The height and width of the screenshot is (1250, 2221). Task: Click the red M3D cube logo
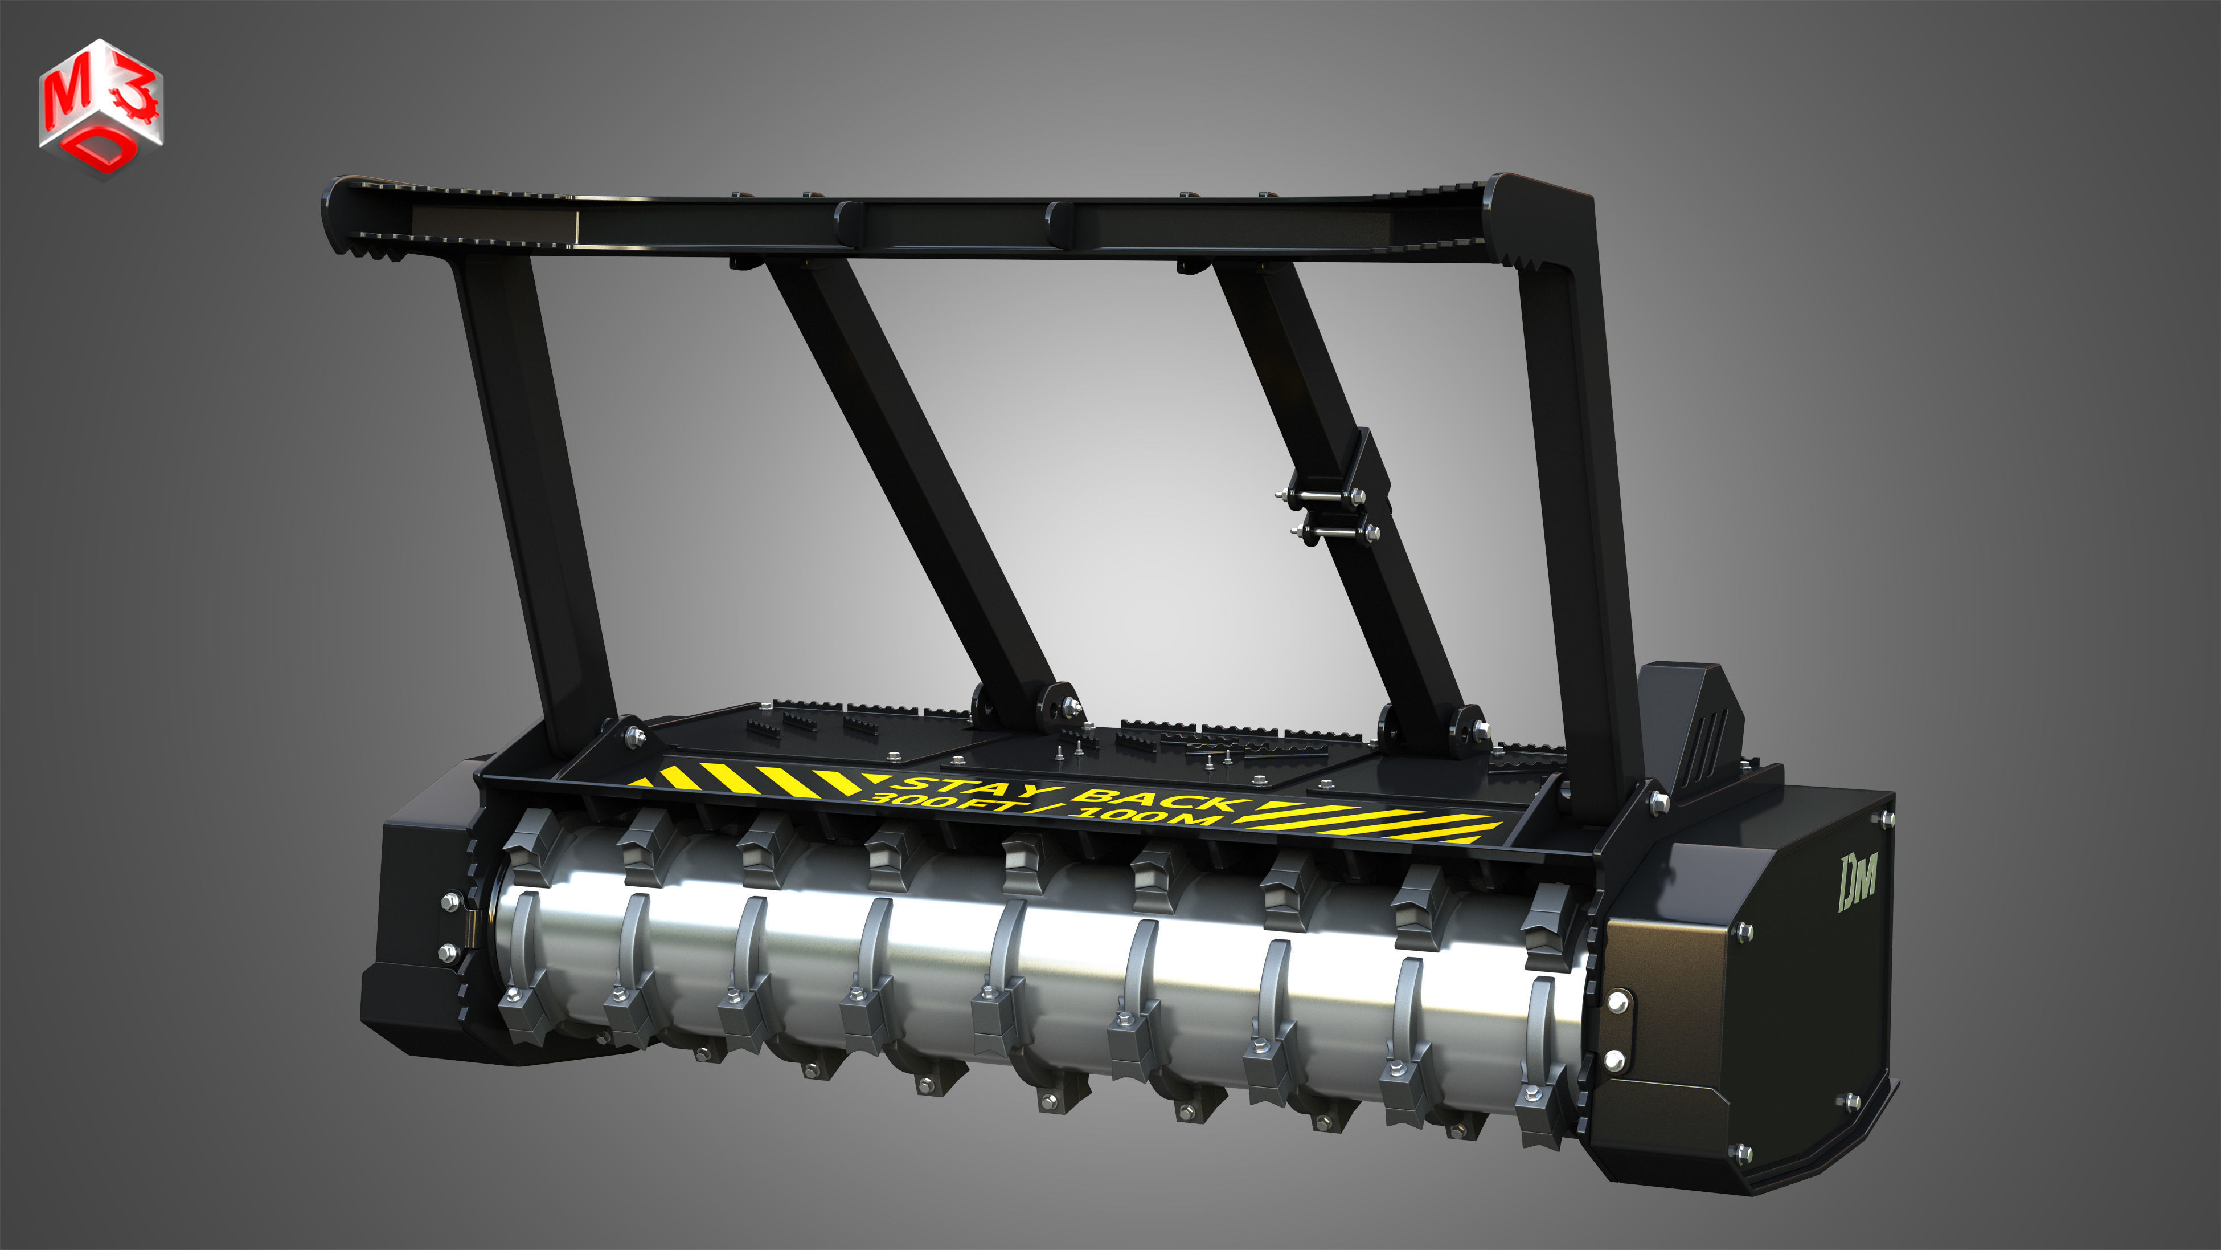click(101, 108)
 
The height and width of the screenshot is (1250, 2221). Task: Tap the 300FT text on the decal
click(948, 803)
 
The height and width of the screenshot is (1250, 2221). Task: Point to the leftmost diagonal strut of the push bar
click(914, 483)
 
